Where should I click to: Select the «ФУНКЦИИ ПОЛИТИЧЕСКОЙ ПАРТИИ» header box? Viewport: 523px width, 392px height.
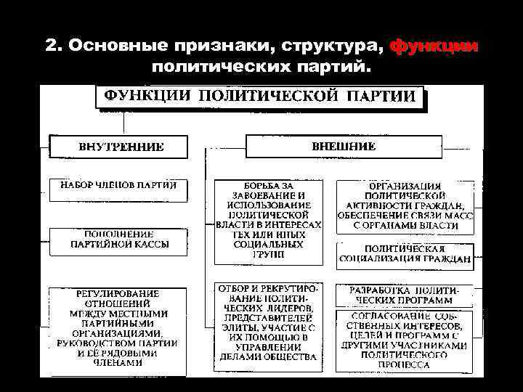tap(261, 97)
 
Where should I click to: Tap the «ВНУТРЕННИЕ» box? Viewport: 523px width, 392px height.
tap(118, 147)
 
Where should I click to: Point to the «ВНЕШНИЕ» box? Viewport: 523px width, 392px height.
tap(344, 146)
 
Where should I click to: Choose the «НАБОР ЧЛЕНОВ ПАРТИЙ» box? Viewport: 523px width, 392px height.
tap(118, 190)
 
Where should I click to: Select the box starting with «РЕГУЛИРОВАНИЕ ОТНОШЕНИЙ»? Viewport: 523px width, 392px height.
tap(118, 327)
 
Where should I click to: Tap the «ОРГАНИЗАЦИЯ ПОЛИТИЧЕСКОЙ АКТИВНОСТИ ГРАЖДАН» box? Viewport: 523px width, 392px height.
tap(404, 206)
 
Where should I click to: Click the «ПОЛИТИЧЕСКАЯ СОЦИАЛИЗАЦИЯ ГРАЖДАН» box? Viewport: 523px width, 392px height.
tap(404, 254)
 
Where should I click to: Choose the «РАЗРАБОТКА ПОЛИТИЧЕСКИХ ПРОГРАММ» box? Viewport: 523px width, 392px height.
tap(404, 295)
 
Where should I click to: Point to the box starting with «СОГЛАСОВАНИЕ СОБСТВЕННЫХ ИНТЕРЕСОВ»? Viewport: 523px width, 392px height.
tap(404, 340)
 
